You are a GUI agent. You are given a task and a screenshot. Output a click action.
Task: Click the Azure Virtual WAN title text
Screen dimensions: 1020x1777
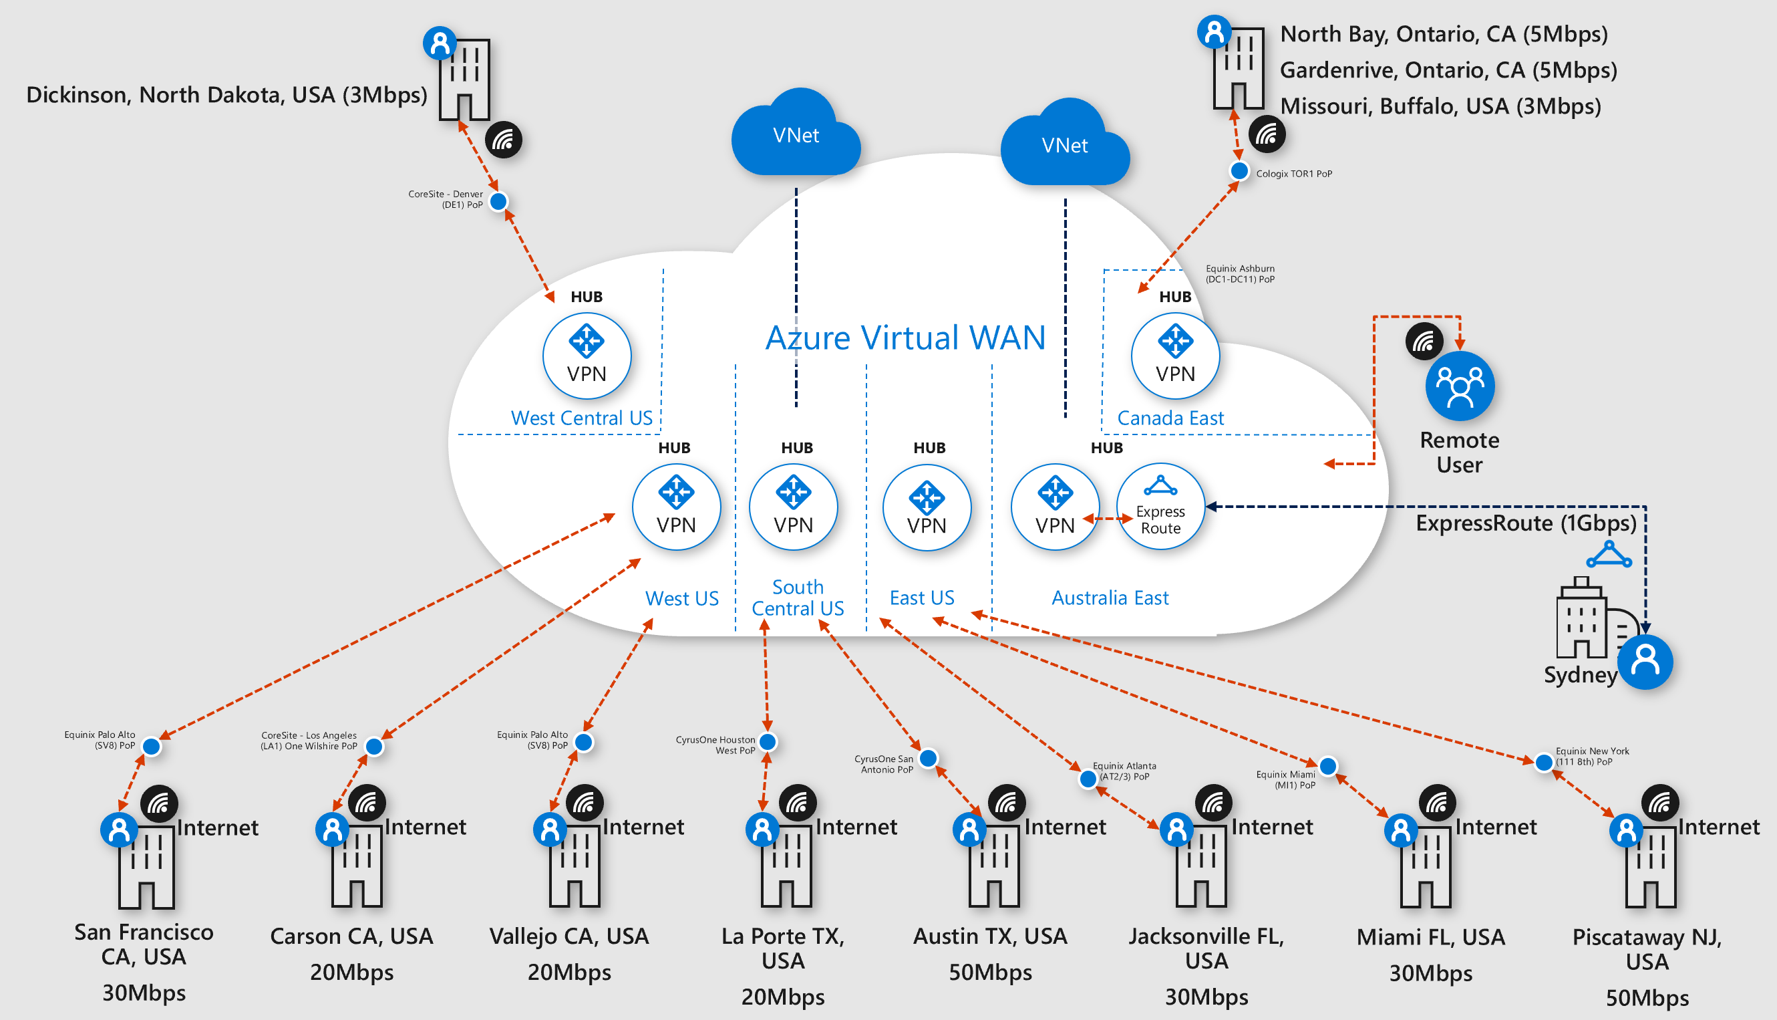(905, 338)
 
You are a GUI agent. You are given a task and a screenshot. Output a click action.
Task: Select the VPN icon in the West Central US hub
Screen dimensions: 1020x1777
(586, 356)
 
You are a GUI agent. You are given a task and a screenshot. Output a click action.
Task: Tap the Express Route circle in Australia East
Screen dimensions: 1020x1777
(1160, 507)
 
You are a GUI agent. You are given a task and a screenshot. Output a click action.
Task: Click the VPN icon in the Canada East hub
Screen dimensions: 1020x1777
(1175, 356)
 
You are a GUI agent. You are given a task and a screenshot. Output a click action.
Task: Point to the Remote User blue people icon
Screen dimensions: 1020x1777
(1460, 386)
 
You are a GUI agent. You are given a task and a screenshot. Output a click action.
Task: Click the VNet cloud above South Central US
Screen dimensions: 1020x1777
(796, 135)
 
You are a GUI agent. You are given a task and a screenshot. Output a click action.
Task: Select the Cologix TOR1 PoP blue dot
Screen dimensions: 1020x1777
(1239, 171)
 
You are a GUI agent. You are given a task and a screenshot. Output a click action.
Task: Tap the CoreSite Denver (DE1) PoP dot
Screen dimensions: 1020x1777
(498, 202)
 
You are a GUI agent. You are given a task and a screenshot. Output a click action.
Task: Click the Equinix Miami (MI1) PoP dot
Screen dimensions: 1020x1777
(1327, 767)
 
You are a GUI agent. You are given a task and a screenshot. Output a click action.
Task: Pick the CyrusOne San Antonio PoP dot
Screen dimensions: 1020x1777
(928, 758)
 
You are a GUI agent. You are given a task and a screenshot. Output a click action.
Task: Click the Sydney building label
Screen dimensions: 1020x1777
(1580, 674)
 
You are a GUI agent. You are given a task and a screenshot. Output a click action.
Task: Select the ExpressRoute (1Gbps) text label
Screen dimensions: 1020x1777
(1526, 523)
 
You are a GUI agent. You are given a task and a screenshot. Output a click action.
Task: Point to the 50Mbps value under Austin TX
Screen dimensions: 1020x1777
(990, 973)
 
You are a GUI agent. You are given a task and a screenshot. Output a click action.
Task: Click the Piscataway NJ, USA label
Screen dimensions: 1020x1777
(1647, 948)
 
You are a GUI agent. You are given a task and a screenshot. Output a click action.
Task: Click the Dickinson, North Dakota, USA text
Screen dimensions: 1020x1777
(227, 94)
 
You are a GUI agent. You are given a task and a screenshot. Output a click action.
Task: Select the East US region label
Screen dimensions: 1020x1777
(921, 598)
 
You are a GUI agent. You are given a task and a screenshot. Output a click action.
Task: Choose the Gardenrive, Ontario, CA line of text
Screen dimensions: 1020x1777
(1448, 70)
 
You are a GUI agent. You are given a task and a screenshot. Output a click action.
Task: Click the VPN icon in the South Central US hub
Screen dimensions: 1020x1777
(793, 507)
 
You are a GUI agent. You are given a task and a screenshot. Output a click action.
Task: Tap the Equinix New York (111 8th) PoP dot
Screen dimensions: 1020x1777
(1543, 762)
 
